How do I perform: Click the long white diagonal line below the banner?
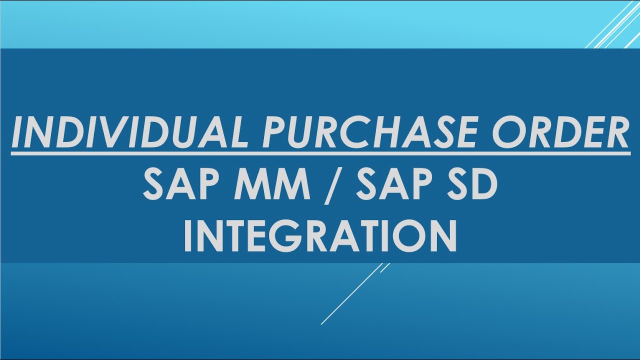(x=350, y=295)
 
